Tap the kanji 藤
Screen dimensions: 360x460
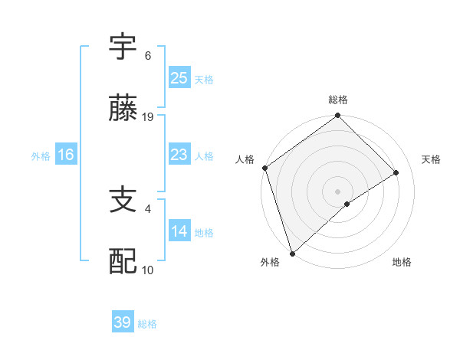[x=123, y=109]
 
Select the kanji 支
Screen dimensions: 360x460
[x=123, y=201]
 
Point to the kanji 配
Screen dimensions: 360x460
[x=123, y=262]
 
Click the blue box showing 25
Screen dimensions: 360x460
[x=179, y=77]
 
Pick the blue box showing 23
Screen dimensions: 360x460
[x=179, y=155]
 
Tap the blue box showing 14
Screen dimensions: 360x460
[x=179, y=231]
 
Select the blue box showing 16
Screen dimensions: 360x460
[x=66, y=155]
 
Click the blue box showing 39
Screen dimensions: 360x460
[x=122, y=322]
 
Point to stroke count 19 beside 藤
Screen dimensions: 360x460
[x=149, y=117]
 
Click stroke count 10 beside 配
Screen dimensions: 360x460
[x=148, y=270]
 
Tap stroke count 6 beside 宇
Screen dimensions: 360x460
[x=148, y=56]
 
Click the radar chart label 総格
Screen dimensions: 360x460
[x=338, y=100]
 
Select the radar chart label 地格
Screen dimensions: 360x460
[x=402, y=263]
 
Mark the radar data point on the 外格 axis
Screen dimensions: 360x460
[x=291, y=253]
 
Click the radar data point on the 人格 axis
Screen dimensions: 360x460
[x=264, y=168]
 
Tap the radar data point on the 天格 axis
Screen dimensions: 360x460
[x=396, y=172]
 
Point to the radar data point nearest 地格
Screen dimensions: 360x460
[x=347, y=204]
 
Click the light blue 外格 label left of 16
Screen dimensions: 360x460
[x=41, y=155]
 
